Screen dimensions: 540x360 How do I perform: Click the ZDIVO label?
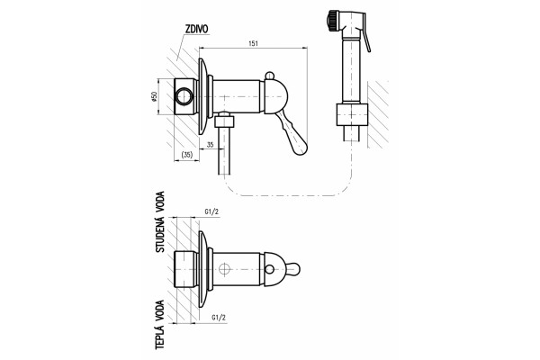coord(196,30)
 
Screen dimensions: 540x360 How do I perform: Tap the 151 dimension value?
coord(253,43)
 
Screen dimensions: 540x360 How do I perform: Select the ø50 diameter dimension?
coord(154,97)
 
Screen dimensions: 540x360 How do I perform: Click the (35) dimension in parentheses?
coord(186,155)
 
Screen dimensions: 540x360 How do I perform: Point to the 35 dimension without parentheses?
coord(210,145)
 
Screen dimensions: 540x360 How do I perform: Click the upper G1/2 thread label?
coord(211,211)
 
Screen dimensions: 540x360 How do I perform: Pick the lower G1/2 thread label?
coord(219,318)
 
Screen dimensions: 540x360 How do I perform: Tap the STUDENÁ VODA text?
coord(160,222)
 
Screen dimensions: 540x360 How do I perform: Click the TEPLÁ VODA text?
coord(159,325)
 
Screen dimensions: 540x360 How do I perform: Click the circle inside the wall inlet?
coord(184,96)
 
